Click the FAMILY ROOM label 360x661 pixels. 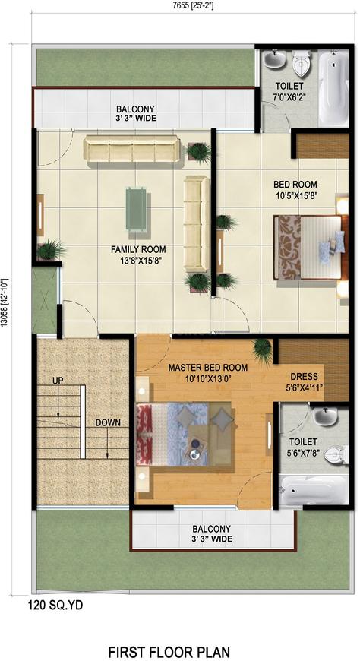pos(138,249)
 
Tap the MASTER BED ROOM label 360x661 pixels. pos(208,368)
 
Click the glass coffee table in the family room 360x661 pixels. pos(136,209)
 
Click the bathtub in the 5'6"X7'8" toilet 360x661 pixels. pos(314,490)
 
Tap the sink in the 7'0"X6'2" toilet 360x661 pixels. pos(275,59)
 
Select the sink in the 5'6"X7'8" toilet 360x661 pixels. pos(326,416)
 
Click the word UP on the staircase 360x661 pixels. pos(58,380)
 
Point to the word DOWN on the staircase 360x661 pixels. pos(108,422)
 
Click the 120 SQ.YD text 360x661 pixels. pos(55,606)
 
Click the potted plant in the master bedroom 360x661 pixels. pos(264,350)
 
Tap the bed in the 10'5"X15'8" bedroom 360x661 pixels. pos(311,247)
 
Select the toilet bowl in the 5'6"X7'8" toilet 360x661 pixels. pos(338,454)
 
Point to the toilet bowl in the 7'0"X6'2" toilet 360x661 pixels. pos(302,63)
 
